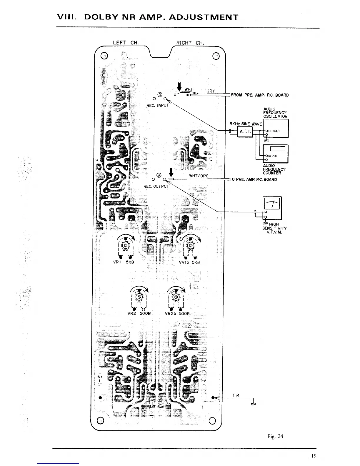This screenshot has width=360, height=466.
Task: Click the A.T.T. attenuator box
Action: (245, 132)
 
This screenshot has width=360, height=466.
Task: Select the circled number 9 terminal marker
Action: (159, 176)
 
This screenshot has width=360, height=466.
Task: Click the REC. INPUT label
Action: (158, 105)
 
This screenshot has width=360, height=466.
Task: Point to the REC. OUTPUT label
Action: (156, 186)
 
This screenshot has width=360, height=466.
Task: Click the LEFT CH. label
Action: (126, 43)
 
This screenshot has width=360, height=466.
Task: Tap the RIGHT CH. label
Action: (190, 43)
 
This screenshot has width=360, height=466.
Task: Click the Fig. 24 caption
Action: (275, 436)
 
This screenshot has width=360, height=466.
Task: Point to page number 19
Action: (314, 456)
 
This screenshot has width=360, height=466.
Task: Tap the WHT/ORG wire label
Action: (199, 176)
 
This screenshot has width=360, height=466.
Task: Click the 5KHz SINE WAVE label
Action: (246, 124)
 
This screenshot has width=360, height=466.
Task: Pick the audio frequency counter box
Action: (276, 154)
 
